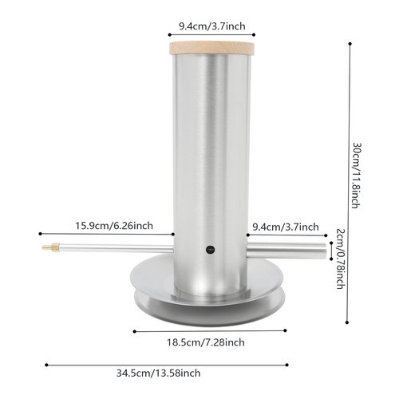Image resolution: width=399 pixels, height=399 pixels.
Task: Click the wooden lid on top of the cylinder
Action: pos(211,49)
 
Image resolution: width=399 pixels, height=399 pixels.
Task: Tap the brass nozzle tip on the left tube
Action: pos(48,248)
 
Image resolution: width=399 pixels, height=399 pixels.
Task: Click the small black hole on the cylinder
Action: pos(211,250)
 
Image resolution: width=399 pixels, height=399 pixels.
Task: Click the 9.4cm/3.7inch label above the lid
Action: pos(211,26)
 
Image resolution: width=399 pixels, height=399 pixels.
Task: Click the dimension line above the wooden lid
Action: pos(211,35)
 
